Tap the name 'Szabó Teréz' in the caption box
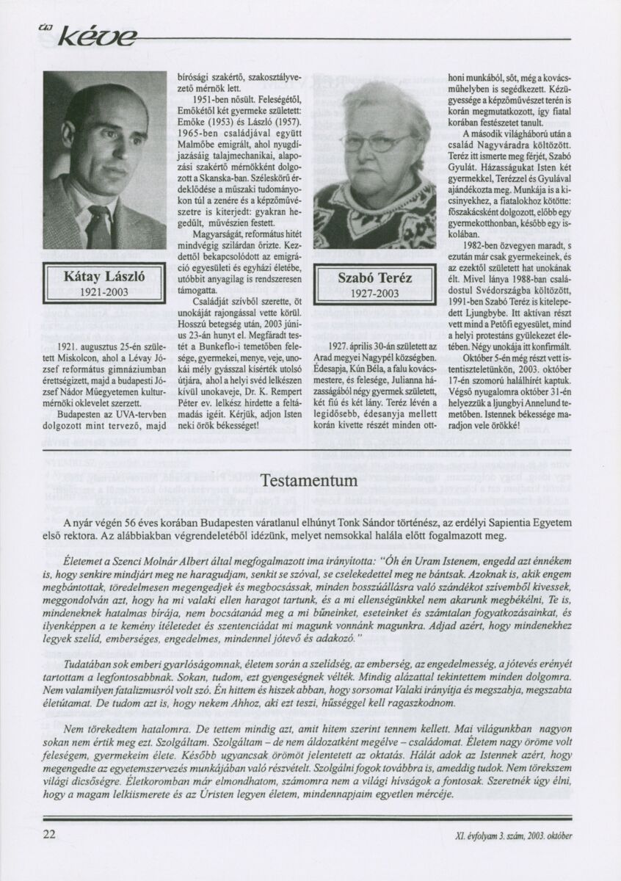click(x=369, y=278)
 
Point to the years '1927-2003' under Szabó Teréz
click(x=369, y=293)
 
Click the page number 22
click(x=50, y=834)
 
